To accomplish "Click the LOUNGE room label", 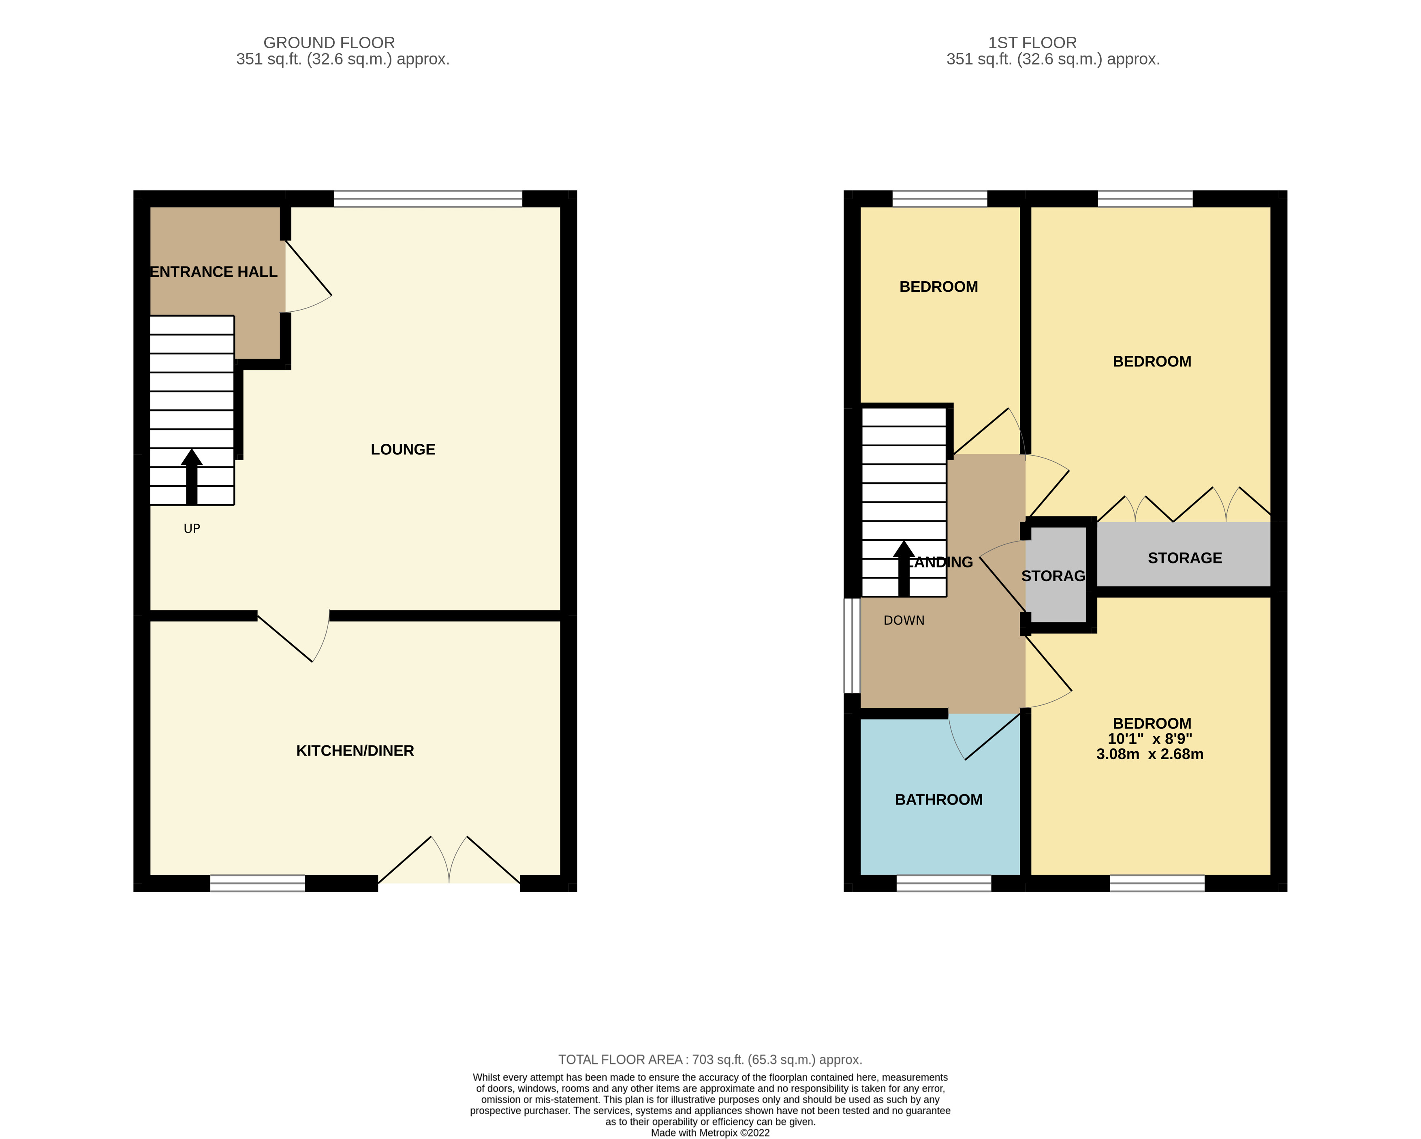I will coord(403,450).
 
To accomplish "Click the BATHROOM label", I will coord(938,800).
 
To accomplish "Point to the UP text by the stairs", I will coord(192,529).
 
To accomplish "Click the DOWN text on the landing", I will coord(904,620).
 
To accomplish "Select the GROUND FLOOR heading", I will coord(329,43).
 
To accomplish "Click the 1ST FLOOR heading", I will coord(1032,43).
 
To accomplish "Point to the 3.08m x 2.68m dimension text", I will coord(1150,754).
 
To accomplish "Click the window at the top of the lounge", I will coord(428,198).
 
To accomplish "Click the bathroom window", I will coord(943,883).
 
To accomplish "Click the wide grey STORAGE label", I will coord(1184,558).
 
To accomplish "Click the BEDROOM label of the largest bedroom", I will coord(1152,361).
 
